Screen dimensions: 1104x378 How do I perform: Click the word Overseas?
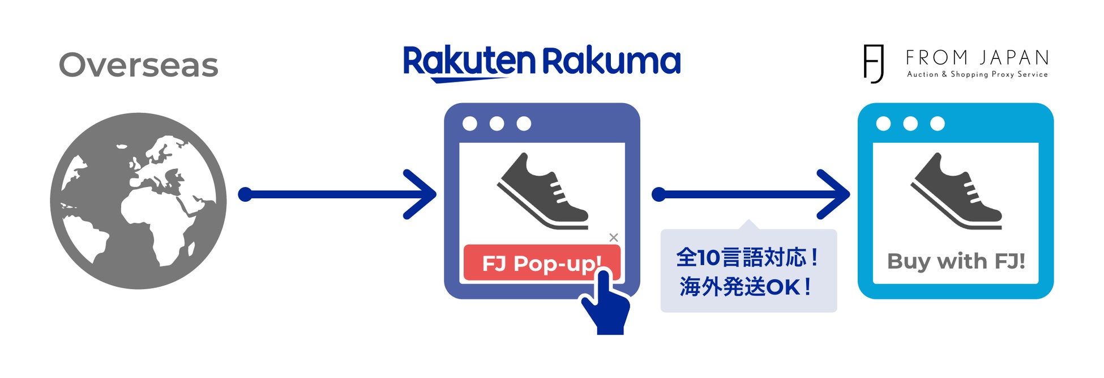coord(138,65)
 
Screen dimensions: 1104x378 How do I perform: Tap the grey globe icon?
coord(138,201)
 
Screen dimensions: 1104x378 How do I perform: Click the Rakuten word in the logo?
coord(469,62)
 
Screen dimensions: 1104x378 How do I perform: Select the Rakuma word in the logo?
coord(611,61)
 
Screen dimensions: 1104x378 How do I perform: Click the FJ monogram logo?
coord(874,63)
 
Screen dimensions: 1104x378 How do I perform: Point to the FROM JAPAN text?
coord(977,58)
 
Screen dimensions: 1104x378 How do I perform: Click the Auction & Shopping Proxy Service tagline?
coord(977,74)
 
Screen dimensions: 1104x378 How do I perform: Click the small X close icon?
coord(614,237)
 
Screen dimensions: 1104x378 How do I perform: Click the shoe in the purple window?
coord(542,191)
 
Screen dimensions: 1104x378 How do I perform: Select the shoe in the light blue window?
coord(956,191)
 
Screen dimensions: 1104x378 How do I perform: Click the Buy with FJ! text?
coord(956,261)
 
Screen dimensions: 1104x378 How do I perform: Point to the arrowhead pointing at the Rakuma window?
coord(422,194)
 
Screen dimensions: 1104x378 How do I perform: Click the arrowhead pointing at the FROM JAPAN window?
coord(836,194)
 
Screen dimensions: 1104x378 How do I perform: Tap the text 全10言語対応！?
coord(748,258)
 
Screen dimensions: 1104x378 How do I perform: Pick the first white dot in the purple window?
coord(470,124)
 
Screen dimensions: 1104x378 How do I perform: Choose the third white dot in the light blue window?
coord(938,124)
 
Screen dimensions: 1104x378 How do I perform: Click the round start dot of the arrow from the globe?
coord(245,195)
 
